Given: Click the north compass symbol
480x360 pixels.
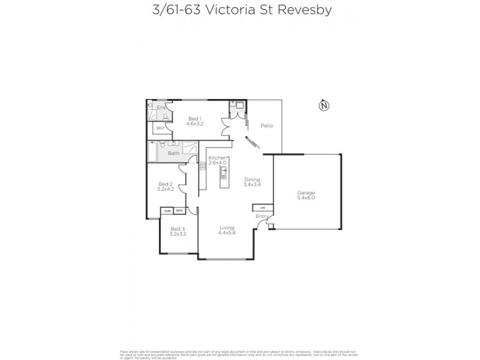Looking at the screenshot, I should pos(324,106).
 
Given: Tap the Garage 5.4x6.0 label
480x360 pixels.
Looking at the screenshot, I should pos(305,196).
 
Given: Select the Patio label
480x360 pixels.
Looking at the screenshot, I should pos(267,126).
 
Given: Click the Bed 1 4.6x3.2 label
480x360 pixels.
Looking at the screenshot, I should pos(195,121).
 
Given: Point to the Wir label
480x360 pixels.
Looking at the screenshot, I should pos(160,128).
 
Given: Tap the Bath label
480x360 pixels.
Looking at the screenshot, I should pos(173,154).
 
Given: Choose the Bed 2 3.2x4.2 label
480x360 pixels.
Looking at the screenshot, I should pos(166,187).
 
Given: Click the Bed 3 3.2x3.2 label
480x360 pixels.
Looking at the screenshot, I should pos(177,231).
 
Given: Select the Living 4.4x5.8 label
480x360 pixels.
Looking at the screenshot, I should pos(226,230).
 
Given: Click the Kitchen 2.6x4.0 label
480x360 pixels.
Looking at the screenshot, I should pos(217,160).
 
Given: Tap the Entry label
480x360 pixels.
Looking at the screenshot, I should pos(262,216).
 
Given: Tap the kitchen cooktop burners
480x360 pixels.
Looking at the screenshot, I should pos(203,167).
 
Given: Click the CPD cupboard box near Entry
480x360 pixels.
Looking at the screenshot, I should pos(262,208).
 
